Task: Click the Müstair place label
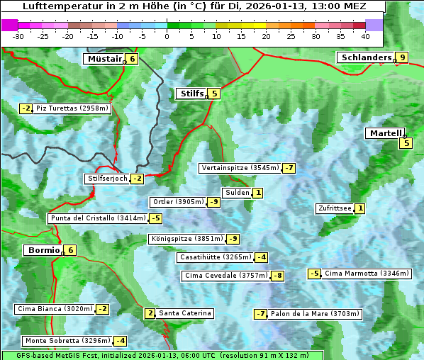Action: pyautogui.click(x=104, y=59)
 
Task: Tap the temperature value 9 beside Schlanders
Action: pyautogui.click(x=403, y=58)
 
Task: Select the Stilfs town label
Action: pyautogui.click(x=191, y=94)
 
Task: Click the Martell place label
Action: pyautogui.click(x=385, y=133)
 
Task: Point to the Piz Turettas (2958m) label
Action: pyautogui.click(x=72, y=108)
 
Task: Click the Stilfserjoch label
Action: pyautogui.click(x=107, y=179)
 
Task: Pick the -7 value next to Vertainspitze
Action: pyautogui.click(x=289, y=168)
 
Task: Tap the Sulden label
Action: pyautogui.click(x=237, y=193)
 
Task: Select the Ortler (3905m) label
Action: pyautogui.click(x=178, y=202)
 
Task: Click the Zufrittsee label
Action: pyautogui.click(x=334, y=208)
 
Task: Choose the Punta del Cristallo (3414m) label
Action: pyautogui.click(x=98, y=218)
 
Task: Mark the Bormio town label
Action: pyautogui.click(x=43, y=250)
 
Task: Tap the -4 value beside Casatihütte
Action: pyautogui.click(x=262, y=257)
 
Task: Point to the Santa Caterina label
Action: pyautogui.click(x=184, y=313)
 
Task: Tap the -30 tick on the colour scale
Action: pyautogui.click(x=19, y=35)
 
